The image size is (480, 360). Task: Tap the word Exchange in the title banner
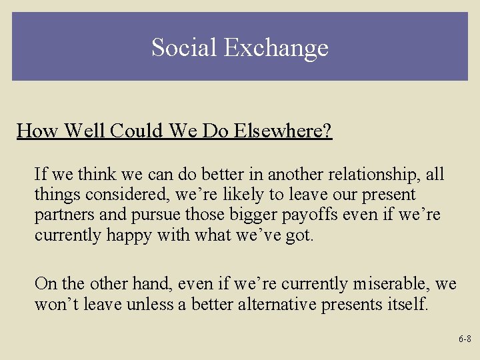click(x=276, y=47)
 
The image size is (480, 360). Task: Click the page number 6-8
click(x=465, y=339)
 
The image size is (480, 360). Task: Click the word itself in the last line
click(x=407, y=305)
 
